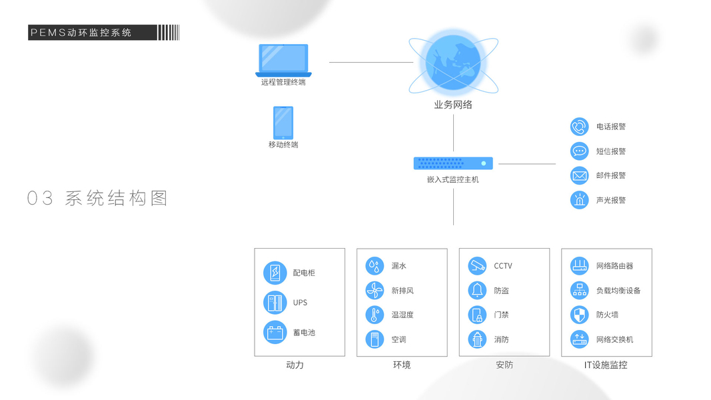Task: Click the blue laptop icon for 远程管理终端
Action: point(283,60)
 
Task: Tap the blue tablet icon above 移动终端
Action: point(283,123)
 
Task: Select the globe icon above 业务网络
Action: point(453,64)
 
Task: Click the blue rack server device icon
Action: point(453,163)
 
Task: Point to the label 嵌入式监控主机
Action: point(453,179)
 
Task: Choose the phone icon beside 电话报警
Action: point(579,127)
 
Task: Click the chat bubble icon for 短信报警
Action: point(579,151)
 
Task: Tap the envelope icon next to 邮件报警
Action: point(579,175)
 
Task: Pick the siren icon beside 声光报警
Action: point(579,200)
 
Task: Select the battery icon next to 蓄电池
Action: point(275,332)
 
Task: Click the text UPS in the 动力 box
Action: point(301,303)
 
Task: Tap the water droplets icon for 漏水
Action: point(374,266)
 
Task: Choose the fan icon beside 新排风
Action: point(374,291)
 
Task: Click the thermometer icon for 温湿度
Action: point(374,315)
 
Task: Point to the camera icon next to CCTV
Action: point(477,266)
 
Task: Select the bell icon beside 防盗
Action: point(477,291)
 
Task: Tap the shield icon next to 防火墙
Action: point(579,315)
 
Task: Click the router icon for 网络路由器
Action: point(579,266)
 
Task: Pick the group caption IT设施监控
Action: point(606,365)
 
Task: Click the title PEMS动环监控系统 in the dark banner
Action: point(81,33)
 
